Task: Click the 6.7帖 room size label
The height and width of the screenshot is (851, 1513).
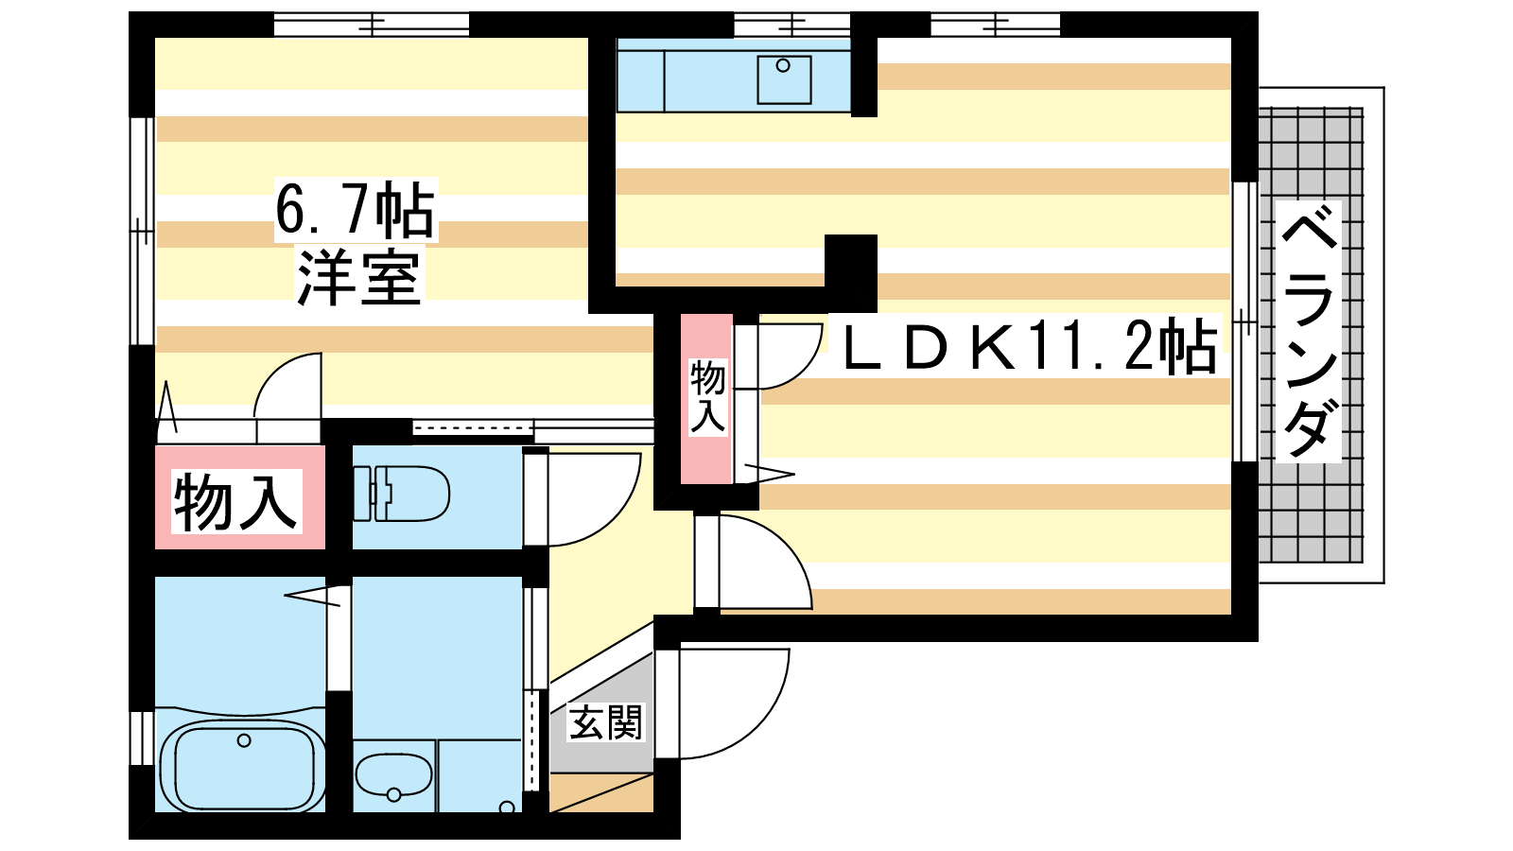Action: point(356,210)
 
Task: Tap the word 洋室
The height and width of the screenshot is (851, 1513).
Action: point(358,276)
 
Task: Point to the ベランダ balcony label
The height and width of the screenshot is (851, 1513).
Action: point(1310,332)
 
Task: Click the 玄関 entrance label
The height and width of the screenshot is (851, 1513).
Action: point(605,722)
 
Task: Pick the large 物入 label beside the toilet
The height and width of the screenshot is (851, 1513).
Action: point(235,502)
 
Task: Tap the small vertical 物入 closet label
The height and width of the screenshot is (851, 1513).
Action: point(707,397)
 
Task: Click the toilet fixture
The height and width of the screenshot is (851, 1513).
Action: point(401,493)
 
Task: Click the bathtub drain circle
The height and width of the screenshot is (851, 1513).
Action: point(244,741)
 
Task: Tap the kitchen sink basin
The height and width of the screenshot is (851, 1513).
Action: point(784,80)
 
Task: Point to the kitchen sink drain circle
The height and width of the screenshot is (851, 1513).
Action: point(783,65)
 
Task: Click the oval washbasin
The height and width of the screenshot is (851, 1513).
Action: point(393,774)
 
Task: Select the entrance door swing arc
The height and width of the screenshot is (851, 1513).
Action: point(734,703)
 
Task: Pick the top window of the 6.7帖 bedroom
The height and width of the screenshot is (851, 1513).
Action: point(372,25)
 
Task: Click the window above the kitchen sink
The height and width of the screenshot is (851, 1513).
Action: point(791,25)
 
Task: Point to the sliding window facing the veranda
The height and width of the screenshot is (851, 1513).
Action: point(1245,321)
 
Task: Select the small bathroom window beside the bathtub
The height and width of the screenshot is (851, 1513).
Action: point(142,738)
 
